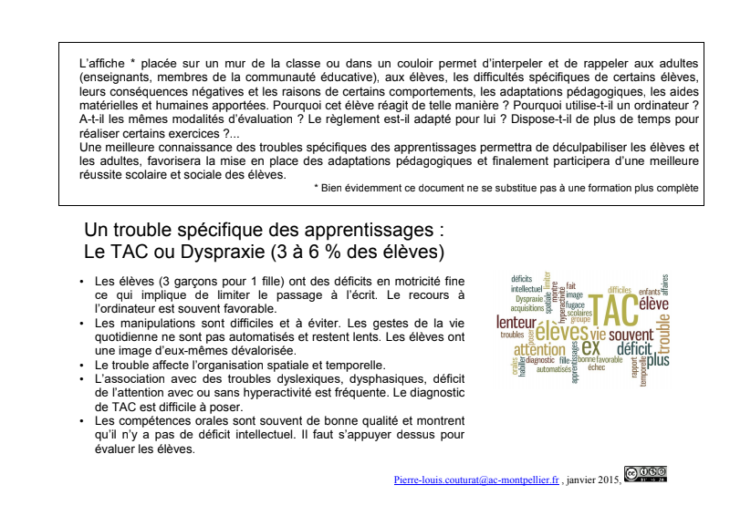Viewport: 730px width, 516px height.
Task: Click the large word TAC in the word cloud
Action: coord(609,307)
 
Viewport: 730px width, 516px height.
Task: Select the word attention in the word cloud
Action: coord(539,350)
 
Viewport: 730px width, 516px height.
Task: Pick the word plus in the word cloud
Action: coord(657,359)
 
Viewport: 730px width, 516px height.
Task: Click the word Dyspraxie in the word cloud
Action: coord(528,298)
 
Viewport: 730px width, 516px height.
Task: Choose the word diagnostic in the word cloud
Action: coord(534,360)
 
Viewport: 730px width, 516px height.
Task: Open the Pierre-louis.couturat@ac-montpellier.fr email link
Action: coord(475,478)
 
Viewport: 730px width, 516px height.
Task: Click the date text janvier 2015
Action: coord(594,478)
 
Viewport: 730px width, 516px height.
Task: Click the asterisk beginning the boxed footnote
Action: coord(316,188)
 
